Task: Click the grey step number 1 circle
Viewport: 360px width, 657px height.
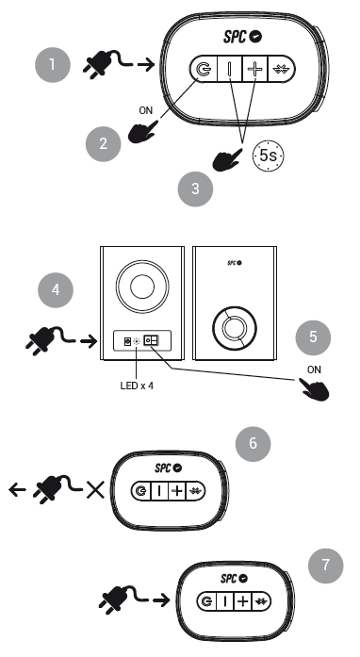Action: click(x=53, y=64)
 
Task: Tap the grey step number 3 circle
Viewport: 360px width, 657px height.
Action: click(x=195, y=189)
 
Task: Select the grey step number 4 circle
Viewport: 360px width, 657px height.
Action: click(x=56, y=290)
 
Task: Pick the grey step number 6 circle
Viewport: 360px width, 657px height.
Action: click(x=253, y=444)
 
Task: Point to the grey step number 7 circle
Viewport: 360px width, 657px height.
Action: click(x=326, y=566)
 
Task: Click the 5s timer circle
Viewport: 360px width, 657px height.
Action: click(x=268, y=156)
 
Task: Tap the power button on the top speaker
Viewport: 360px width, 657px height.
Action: click(x=205, y=69)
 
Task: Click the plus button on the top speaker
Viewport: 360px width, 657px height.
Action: click(x=255, y=69)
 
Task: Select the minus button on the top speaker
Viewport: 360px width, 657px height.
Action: click(x=230, y=69)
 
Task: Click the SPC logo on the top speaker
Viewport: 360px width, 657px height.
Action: click(x=242, y=37)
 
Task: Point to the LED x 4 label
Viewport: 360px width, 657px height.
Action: click(x=137, y=386)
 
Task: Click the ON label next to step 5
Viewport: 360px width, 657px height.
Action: click(x=314, y=370)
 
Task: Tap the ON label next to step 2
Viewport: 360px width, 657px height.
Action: click(x=146, y=110)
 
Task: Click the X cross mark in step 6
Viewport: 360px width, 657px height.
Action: click(x=95, y=489)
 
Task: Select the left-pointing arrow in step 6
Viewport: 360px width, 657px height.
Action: click(x=17, y=489)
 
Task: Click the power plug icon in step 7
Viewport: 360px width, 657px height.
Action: click(x=123, y=600)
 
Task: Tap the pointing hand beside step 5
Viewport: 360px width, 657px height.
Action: click(x=314, y=389)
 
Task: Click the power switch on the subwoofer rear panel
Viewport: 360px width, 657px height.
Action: click(x=151, y=340)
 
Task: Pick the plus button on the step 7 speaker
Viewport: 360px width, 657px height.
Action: click(x=242, y=601)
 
